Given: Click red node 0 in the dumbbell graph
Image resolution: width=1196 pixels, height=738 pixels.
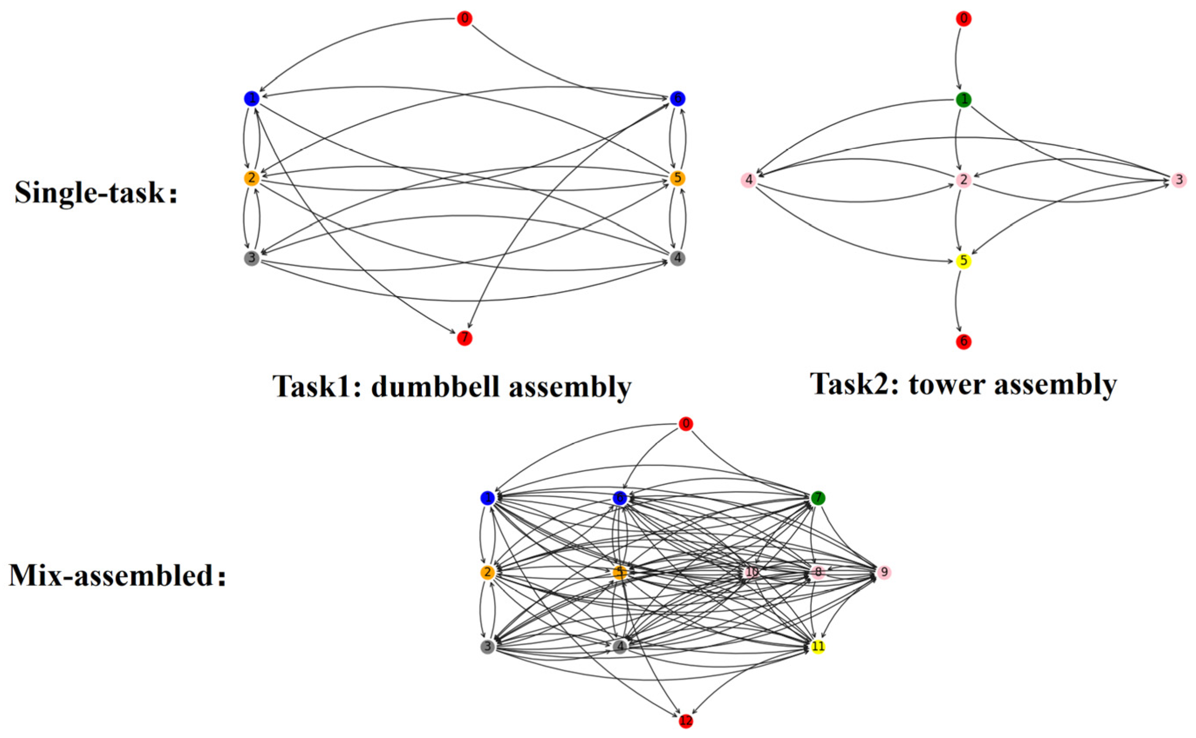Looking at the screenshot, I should pos(464,19).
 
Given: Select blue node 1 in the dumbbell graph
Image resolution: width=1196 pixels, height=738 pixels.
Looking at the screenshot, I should pos(251,99).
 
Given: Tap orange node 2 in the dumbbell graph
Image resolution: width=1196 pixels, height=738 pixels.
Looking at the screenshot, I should pos(251,178).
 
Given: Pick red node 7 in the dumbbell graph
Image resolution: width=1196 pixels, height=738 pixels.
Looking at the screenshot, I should pos(464,338).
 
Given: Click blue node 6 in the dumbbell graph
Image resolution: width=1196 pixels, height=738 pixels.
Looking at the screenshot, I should pos(678,99).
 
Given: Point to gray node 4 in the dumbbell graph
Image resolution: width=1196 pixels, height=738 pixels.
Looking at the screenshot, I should pos(678,258).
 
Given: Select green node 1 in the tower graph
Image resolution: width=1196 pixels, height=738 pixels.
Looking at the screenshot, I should pos(963,100).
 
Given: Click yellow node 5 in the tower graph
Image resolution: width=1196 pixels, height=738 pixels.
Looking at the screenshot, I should pos(963,261).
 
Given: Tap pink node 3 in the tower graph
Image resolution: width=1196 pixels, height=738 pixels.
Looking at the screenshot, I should pos(1179,180).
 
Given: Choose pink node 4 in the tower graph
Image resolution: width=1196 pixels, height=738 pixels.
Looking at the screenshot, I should pos(749,180).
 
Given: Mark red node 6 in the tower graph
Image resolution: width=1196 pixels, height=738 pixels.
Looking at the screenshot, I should pos(963,342).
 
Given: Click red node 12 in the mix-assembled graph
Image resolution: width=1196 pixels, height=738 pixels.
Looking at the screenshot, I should pos(686,721).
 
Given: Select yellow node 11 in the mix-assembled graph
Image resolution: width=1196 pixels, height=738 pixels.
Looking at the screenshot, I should pos(818,647).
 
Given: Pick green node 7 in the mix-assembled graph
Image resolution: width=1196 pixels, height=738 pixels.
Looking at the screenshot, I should pos(818,498).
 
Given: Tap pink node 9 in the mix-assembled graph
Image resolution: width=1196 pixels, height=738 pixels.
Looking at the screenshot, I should pos(884,572).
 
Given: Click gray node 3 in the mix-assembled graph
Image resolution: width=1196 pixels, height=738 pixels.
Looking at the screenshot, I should pos(487,647).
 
